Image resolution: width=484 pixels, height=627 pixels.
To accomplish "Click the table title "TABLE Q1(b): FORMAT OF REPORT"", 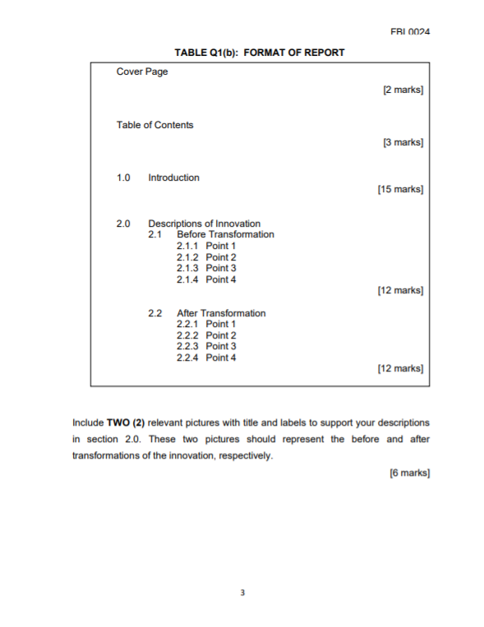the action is click(260, 53).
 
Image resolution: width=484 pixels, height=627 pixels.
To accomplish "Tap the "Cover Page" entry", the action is click(142, 72).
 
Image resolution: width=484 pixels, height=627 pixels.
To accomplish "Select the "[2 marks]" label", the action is click(403, 89).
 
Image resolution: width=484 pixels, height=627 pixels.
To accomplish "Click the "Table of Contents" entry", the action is click(155, 125).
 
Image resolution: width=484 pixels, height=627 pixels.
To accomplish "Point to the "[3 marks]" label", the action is click(403, 142).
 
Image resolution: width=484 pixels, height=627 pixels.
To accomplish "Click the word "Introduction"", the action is click(173, 177).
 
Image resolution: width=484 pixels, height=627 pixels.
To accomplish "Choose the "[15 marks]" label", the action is click(400, 190).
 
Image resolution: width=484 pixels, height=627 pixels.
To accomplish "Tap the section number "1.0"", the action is click(124, 177).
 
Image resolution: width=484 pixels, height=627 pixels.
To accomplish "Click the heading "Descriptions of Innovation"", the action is click(204, 224).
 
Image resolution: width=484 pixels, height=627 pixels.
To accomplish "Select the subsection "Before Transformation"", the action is click(225, 235).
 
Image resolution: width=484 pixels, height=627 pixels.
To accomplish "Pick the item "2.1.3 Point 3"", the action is click(206, 268).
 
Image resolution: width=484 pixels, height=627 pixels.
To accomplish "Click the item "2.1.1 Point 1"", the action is click(206, 246).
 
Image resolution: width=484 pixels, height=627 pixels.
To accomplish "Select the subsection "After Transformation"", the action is click(221, 313).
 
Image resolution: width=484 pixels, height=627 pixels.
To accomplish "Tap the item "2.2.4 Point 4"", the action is click(206, 357).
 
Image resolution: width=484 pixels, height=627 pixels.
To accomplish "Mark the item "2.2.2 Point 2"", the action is click(206, 335).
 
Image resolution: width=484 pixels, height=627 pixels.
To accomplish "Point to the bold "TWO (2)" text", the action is click(126, 423).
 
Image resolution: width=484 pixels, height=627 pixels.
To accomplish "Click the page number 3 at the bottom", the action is click(242, 592).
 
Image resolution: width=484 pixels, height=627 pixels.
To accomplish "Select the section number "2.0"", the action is click(124, 224).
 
